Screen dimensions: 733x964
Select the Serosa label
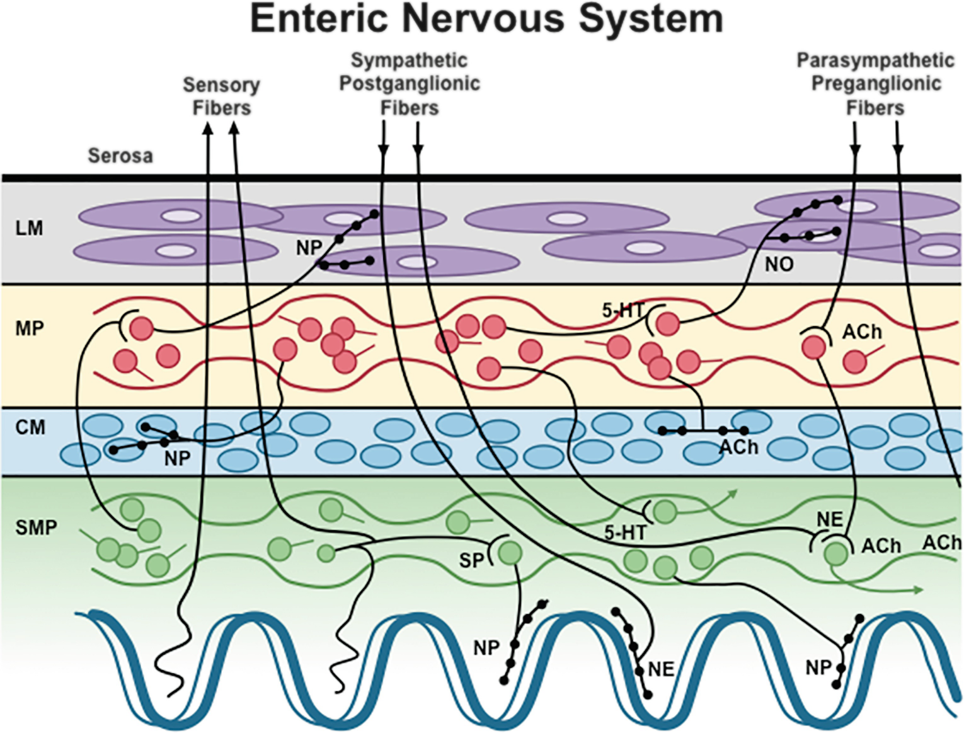pyautogui.click(x=120, y=156)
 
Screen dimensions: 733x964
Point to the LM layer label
pyautogui.click(x=29, y=228)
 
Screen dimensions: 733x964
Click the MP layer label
pyautogui.click(x=29, y=328)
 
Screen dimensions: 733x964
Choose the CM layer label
pyautogui.click(x=30, y=427)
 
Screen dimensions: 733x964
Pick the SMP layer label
pyautogui.click(x=36, y=527)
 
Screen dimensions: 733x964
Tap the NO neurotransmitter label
pyautogui.click(x=779, y=264)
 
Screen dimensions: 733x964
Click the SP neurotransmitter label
pyautogui.click(x=471, y=560)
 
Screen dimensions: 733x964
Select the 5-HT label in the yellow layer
pyautogui.click(x=623, y=310)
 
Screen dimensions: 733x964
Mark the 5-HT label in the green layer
pyautogui.click(x=625, y=533)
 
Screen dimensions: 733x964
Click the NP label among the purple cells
pyautogui.click(x=309, y=248)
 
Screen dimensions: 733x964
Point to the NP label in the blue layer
pyautogui.click(x=177, y=459)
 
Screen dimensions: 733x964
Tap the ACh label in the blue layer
pyautogui.click(x=738, y=447)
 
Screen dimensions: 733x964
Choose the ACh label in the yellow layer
pyautogui.click(x=862, y=332)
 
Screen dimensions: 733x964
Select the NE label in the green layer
pyautogui.click(x=829, y=519)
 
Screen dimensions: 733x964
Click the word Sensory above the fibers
pyautogui.click(x=221, y=84)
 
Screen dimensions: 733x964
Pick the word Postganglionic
pyautogui.click(x=410, y=83)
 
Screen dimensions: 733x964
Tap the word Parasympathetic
pyautogui.click(x=875, y=61)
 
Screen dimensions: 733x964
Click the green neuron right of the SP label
pyautogui.click(x=510, y=553)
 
